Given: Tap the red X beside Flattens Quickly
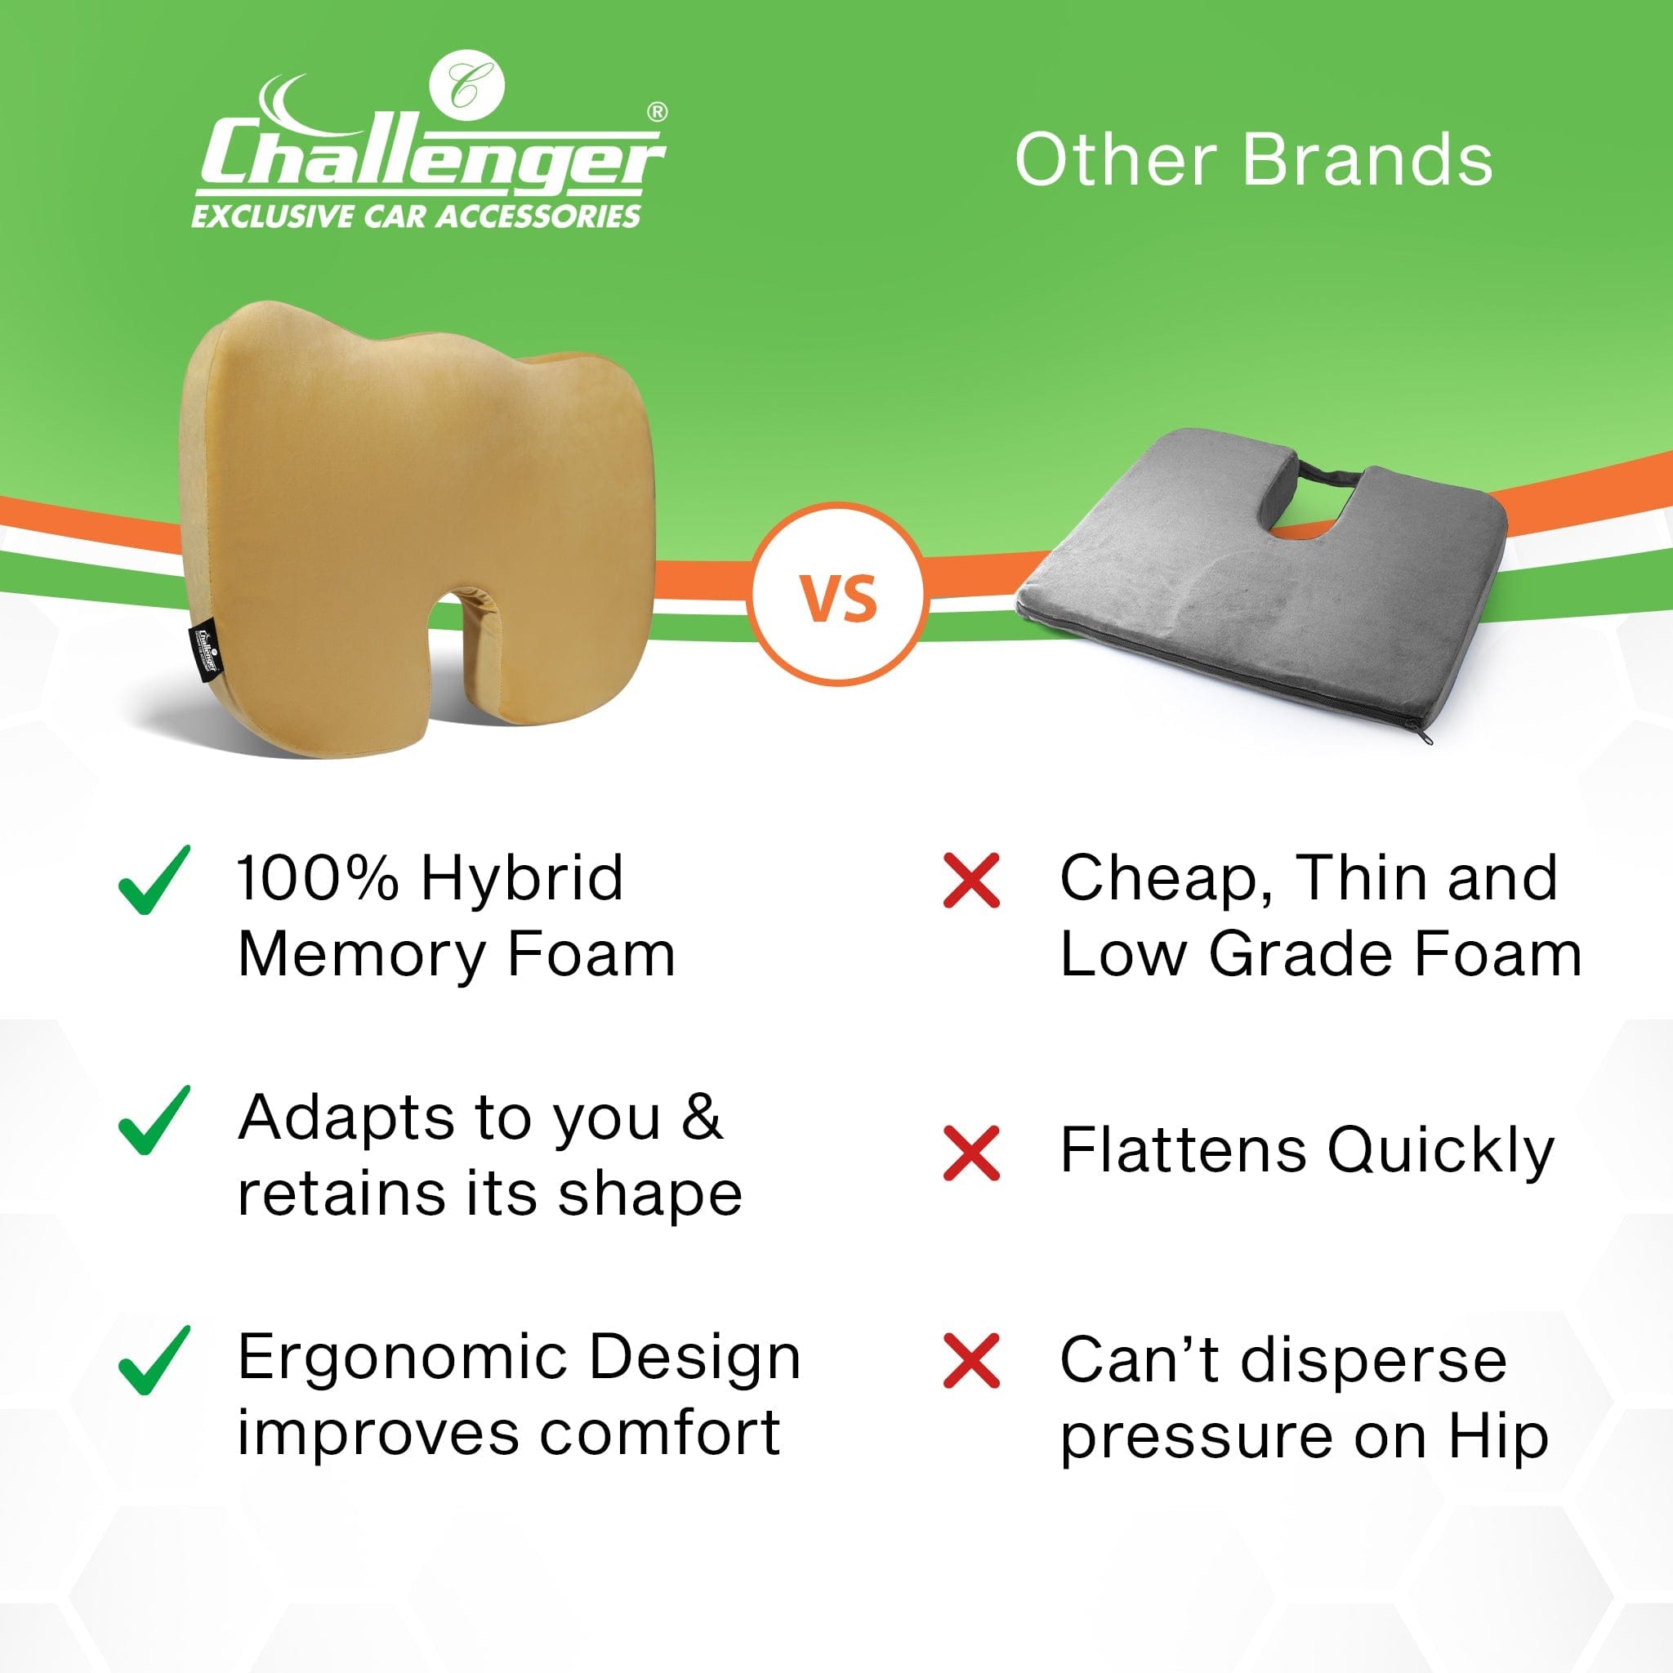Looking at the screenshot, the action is coord(971,1153).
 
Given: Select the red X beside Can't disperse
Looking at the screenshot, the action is coord(971,1361).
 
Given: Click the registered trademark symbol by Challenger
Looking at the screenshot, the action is coord(658,111).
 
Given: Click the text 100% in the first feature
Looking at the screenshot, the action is coord(318,878).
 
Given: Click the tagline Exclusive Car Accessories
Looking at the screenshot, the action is coord(416,216).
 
